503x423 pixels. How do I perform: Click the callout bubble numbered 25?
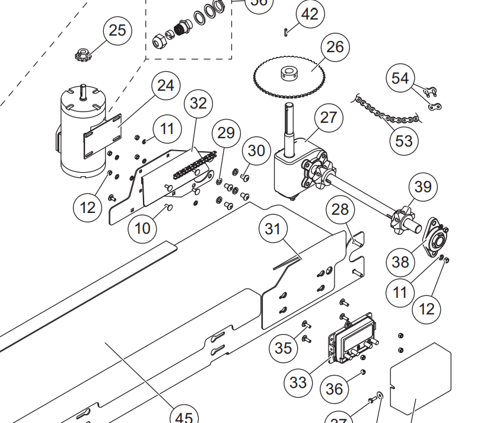tap(117, 30)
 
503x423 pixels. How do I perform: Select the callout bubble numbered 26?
tap(335, 47)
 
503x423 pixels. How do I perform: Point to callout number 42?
tap(310, 14)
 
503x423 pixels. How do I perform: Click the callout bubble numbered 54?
tap(400, 78)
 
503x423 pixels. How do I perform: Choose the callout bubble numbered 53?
tap(403, 141)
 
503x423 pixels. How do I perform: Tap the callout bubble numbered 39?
tap(423, 187)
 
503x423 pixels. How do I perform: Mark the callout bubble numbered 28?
tap(340, 209)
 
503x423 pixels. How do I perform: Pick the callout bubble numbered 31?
tap(272, 228)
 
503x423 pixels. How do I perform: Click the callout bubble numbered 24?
tap(165, 86)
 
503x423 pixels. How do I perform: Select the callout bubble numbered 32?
tap(198, 103)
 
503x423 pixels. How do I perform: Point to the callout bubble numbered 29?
tap(226, 133)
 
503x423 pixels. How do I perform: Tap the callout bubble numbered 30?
tap(256, 151)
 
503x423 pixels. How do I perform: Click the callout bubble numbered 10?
tap(142, 228)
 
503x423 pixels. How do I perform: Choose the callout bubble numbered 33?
tap(298, 382)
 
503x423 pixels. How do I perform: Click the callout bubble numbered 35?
tap(284, 348)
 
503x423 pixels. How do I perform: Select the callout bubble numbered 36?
tap(334, 389)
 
